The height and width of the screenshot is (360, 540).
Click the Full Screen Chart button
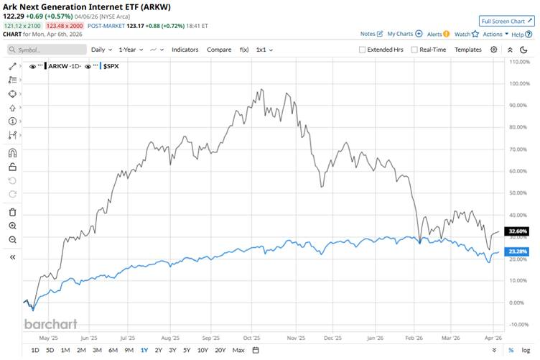(507, 22)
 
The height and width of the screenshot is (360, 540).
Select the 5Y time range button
(187, 350)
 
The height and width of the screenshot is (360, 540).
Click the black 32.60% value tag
(518, 231)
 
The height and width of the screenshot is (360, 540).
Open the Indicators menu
(185, 50)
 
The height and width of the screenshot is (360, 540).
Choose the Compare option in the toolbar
(219, 50)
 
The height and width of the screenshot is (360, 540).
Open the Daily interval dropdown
(101, 50)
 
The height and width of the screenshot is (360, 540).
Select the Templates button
(468, 50)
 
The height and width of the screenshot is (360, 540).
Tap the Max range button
(238, 350)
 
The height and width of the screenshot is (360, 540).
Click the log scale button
(526, 350)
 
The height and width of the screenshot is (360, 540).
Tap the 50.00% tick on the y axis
(518, 193)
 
